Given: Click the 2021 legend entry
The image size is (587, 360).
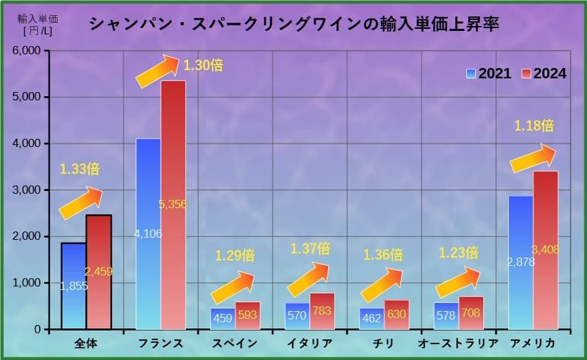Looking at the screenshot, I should [488, 74].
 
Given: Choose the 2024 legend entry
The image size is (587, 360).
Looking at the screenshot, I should [544, 74].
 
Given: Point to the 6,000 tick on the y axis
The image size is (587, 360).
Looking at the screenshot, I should [28, 51].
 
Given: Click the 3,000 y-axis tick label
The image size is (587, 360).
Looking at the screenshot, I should [28, 190].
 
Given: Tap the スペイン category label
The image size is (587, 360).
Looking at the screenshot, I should [235, 344].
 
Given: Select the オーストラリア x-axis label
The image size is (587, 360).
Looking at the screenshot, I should [459, 344].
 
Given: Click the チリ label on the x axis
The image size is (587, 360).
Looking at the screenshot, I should [384, 344].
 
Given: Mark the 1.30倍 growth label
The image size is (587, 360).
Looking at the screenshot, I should [203, 66].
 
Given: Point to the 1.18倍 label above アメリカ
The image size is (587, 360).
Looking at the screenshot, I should [533, 126].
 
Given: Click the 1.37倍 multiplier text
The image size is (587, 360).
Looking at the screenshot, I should [310, 248].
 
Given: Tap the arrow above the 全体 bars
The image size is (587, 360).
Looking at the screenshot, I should [80, 203].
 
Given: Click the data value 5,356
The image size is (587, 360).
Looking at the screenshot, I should [172, 204].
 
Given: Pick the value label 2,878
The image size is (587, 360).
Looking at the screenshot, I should [520, 262].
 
